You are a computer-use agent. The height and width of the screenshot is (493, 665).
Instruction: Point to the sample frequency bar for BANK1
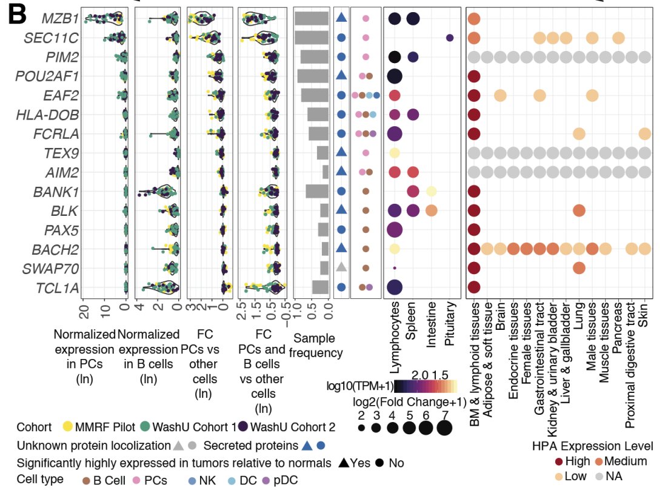click(x=317, y=192)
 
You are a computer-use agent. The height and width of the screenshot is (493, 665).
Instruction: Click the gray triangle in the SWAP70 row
click(x=341, y=267)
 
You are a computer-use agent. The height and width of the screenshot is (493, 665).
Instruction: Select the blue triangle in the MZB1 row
click(x=341, y=19)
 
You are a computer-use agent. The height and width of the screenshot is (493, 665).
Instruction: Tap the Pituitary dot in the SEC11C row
click(x=449, y=38)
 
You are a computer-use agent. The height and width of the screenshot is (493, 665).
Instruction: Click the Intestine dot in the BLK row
click(x=431, y=210)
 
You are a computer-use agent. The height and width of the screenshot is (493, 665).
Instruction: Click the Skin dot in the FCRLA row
click(x=644, y=133)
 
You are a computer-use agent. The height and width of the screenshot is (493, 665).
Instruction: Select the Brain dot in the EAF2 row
click(x=500, y=95)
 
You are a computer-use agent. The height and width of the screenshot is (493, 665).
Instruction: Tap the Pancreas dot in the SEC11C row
click(x=618, y=38)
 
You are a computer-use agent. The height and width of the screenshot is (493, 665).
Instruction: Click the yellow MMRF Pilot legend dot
click(x=68, y=426)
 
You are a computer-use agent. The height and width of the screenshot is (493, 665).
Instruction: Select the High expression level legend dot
click(x=559, y=461)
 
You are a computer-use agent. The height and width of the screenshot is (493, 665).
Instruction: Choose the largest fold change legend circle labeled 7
click(x=444, y=428)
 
